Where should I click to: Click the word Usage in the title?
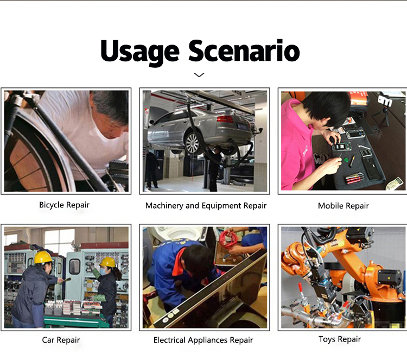(x=139, y=52)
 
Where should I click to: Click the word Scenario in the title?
(x=244, y=50)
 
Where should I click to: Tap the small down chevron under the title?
(x=199, y=75)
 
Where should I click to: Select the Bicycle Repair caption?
(x=64, y=205)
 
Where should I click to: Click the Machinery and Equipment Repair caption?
(x=206, y=206)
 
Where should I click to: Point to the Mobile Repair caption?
(x=343, y=206)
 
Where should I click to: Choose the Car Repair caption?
(x=61, y=340)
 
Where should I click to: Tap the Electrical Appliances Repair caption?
(x=203, y=340)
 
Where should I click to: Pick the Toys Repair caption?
(x=340, y=339)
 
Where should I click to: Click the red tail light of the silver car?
(x=225, y=119)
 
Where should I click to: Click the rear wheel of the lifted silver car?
(x=192, y=143)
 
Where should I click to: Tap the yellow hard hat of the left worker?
(x=43, y=257)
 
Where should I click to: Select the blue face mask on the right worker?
(x=103, y=271)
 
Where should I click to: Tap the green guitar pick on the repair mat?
(x=346, y=160)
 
